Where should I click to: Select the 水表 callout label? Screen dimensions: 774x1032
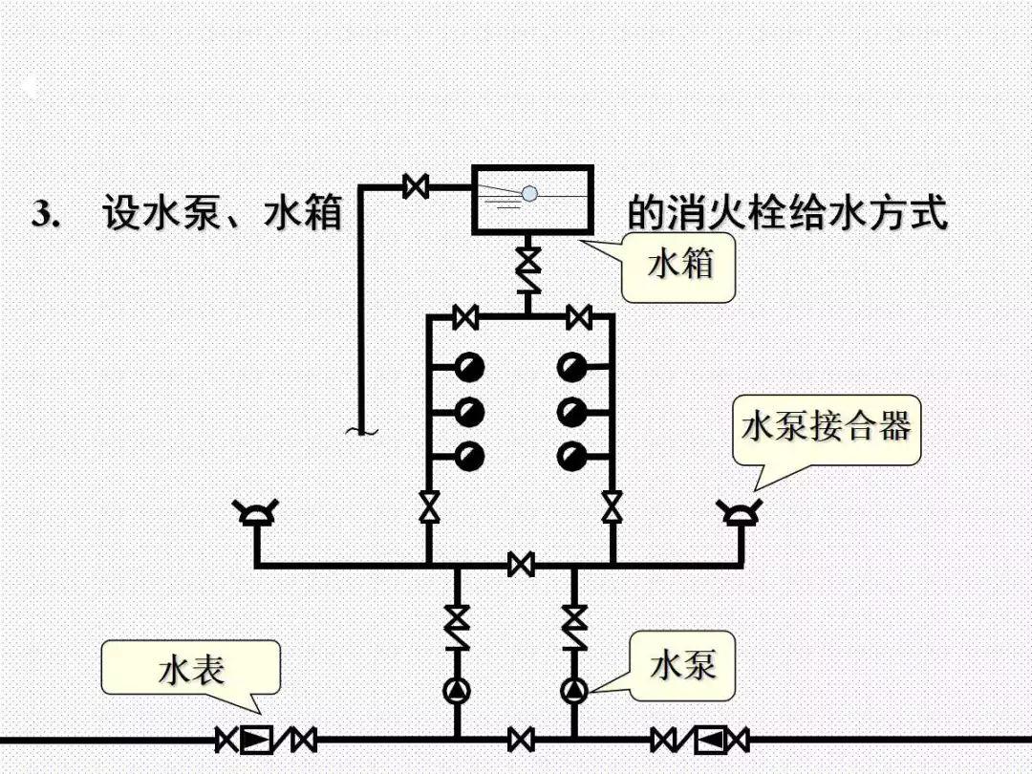click(x=191, y=669)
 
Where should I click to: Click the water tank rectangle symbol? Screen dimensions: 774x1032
click(x=532, y=200)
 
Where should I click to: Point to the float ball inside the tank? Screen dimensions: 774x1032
click(x=529, y=193)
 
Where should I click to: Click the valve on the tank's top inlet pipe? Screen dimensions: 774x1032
click(x=416, y=185)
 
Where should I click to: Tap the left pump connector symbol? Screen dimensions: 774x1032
click(x=257, y=514)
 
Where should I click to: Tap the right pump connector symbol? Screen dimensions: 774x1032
click(x=741, y=514)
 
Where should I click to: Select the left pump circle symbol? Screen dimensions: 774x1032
click(x=457, y=690)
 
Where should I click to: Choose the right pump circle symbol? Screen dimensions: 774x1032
click(x=574, y=690)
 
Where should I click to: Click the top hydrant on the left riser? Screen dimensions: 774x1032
click(x=469, y=367)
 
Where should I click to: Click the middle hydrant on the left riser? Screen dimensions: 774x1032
click(x=469, y=412)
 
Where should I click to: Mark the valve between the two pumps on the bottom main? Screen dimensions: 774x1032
click(x=521, y=740)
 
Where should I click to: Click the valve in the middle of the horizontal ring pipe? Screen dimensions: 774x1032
click(x=521, y=564)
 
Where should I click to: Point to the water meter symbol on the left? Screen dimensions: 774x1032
click(x=256, y=740)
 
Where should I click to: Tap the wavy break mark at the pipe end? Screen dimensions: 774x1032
click(x=361, y=432)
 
